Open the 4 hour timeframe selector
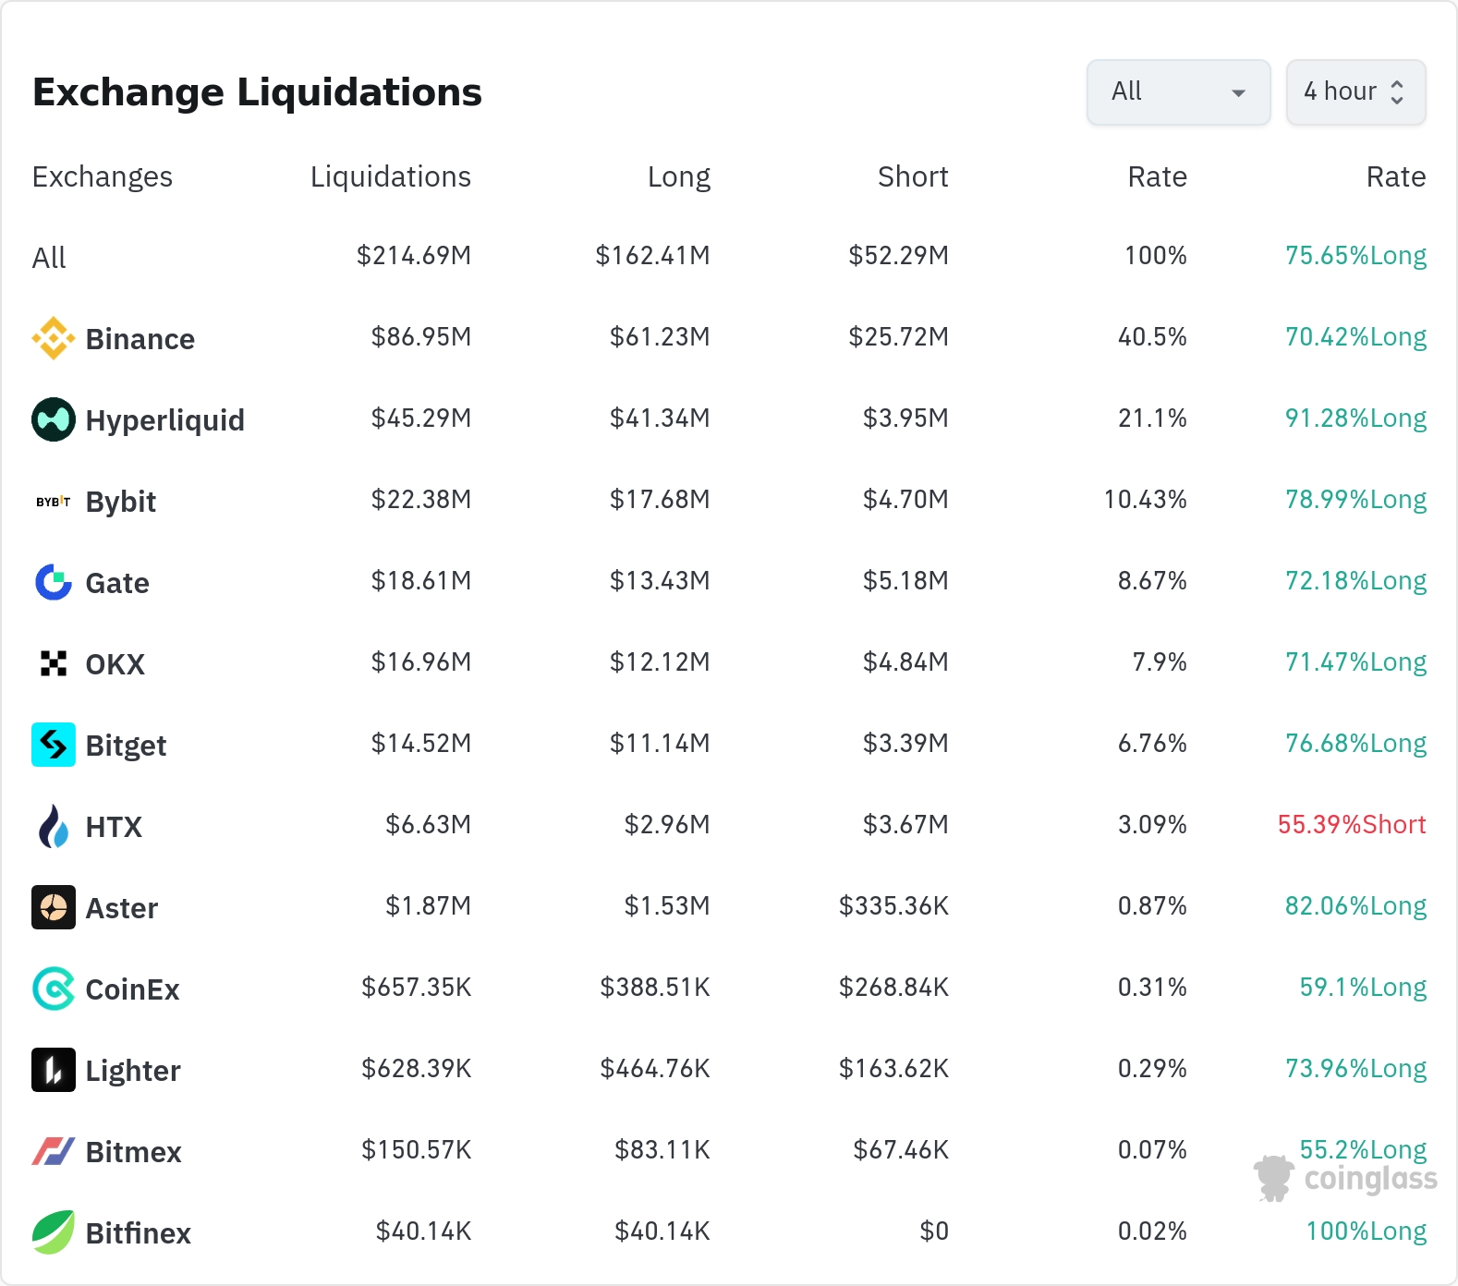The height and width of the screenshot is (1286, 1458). coord(1355,91)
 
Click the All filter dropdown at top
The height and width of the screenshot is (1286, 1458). coord(1178,91)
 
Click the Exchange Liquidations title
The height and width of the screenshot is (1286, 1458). coord(257,92)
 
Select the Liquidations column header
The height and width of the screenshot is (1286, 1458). coord(391,176)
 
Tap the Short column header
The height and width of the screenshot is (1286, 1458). coord(913,176)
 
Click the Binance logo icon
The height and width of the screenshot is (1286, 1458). coord(54,338)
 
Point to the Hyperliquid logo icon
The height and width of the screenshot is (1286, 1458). coord(54,419)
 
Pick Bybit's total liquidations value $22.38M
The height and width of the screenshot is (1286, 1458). coord(421,500)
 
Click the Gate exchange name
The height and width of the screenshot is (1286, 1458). coord(117,583)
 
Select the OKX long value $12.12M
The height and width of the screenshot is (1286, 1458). coord(660,662)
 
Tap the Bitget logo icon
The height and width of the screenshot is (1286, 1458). coord(54,745)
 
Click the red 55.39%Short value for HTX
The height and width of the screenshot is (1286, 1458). coord(1352,825)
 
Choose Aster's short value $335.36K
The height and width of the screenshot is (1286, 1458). coord(893,906)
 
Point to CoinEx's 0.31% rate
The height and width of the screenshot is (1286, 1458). coord(1152,988)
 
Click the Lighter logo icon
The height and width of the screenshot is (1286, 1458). coord(54,1070)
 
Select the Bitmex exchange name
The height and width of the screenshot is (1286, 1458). coord(134,1152)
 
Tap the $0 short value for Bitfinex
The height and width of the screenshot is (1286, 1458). coord(934,1231)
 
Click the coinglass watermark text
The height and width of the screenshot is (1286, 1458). coord(1370,1179)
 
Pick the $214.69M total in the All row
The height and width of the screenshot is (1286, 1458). coord(414,256)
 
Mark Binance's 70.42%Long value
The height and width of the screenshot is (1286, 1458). coord(1355,337)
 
